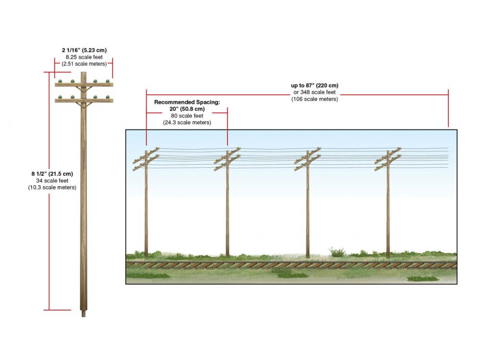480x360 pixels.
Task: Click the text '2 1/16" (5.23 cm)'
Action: click(x=84, y=50)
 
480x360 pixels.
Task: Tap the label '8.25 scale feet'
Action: click(x=84, y=57)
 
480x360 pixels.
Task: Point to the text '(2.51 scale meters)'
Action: click(x=84, y=64)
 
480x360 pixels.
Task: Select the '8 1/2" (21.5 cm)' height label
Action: click(x=52, y=174)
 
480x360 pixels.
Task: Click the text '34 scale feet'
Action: click(x=52, y=180)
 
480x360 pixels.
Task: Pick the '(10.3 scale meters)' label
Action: click(x=52, y=187)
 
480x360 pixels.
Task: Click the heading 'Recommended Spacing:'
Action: click(x=187, y=102)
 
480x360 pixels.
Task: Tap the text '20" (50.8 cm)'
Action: click(x=187, y=109)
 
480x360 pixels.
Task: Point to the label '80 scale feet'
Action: click(x=187, y=116)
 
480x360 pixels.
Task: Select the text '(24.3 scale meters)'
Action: click(x=187, y=122)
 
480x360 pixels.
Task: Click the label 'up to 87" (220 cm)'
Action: click(x=315, y=85)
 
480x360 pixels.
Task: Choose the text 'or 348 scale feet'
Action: click(x=315, y=92)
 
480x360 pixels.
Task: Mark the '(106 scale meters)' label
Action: click(x=315, y=99)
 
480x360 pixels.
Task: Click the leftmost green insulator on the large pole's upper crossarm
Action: click(x=60, y=82)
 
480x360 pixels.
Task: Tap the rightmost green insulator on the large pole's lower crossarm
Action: click(x=108, y=97)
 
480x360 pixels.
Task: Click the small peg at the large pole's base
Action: click(x=83, y=314)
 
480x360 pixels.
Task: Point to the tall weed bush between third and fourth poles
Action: click(x=337, y=252)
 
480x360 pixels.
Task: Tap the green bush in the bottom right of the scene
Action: click(x=423, y=278)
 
